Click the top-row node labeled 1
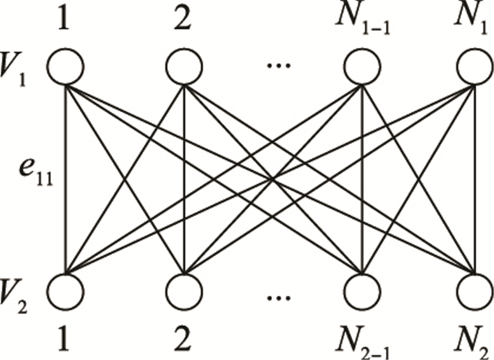66,68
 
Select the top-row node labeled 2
183,68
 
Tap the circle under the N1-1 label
361,68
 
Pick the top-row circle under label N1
473,68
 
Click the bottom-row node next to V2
66,290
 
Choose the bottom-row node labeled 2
183,290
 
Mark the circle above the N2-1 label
361,290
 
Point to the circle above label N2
473,290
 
